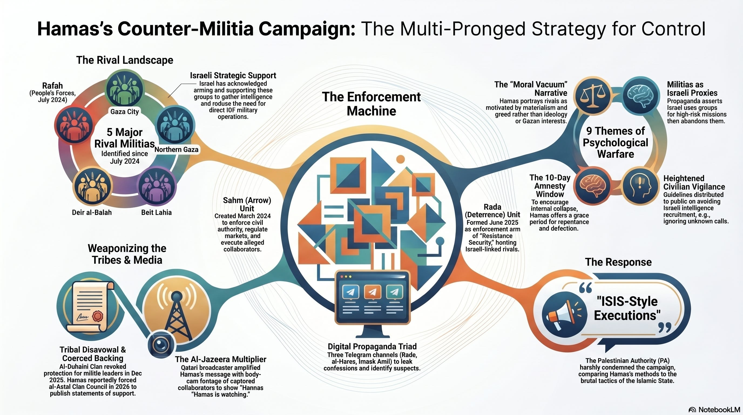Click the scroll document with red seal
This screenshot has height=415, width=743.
pyautogui.click(x=90, y=307)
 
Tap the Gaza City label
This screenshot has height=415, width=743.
pyautogui.click(x=125, y=112)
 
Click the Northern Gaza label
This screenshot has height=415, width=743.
pyautogui.click(x=177, y=149)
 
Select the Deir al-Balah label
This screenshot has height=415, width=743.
pyautogui.click(x=92, y=212)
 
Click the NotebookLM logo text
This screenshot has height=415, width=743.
pyautogui.click(x=719, y=410)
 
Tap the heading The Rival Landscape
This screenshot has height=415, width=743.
pyautogui.click(x=125, y=60)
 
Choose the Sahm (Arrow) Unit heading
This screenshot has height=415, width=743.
pyautogui.click(x=247, y=204)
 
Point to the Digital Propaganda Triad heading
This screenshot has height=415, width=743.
pyautogui.click(x=372, y=346)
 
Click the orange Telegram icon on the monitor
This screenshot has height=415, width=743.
pyautogui.click(x=372, y=292)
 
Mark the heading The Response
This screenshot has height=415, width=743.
pyautogui.click(x=618, y=262)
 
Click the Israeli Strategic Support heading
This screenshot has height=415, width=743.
pyautogui.click(x=233, y=76)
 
